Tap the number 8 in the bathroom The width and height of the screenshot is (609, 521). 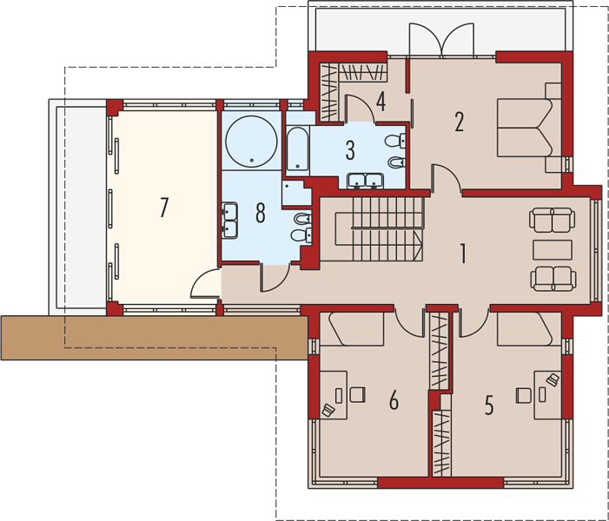[261, 213]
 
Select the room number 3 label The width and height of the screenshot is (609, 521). [350, 150]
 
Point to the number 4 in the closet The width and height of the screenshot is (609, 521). [381, 102]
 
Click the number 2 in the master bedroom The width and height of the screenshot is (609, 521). [459, 122]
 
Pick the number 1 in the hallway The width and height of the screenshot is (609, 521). [462, 254]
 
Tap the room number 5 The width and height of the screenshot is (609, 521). [489, 405]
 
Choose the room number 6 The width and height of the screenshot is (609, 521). [394, 400]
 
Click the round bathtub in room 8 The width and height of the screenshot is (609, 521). [252, 142]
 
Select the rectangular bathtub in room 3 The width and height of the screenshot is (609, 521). [298, 149]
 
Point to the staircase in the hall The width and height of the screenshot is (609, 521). [379, 229]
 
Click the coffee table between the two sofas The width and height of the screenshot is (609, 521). [553, 249]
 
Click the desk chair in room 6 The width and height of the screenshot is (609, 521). [358, 394]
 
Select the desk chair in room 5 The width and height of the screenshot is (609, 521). [524, 395]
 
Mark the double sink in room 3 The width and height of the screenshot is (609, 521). [366, 181]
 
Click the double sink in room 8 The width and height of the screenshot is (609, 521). [229, 221]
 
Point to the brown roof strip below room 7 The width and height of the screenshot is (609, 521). [155, 338]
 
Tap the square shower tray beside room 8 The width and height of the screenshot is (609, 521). [297, 193]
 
